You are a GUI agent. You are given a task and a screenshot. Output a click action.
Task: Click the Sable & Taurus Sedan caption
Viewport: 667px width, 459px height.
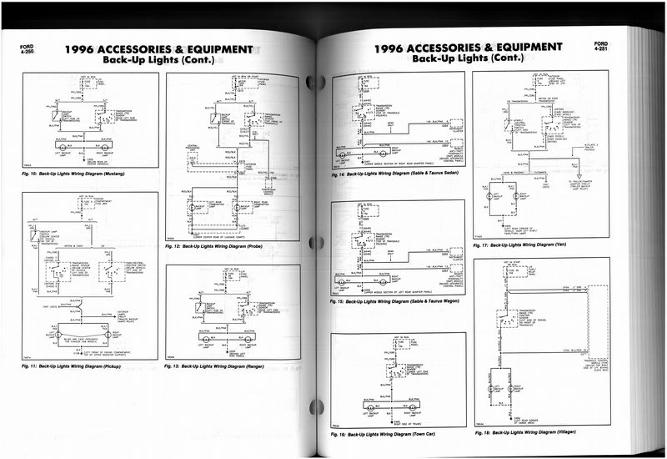coord(403,176)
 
